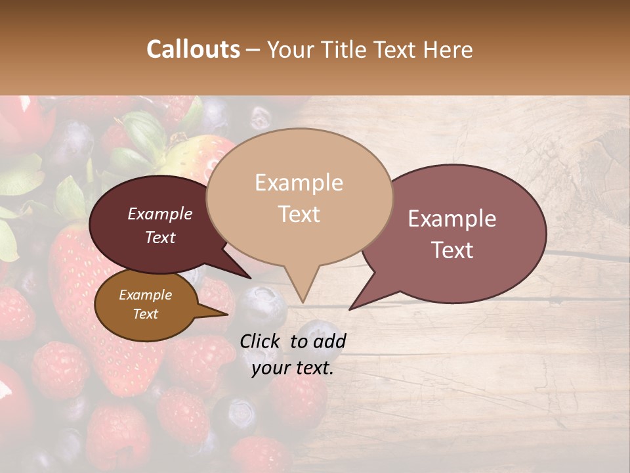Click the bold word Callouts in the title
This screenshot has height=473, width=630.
[x=193, y=49]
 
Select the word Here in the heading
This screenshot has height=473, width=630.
[x=448, y=49]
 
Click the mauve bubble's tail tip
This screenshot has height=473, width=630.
[x=350, y=309]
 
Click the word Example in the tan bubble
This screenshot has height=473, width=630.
[x=299, y=183]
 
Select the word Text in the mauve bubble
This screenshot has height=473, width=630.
[x=452, y=250]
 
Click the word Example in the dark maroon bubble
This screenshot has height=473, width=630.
[x=159, y=214]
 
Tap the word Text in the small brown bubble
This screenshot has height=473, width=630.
[x=145, y=314]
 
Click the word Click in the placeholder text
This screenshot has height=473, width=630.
[x=261, y=341]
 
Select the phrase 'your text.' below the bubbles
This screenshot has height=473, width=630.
[x=292, y=369]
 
